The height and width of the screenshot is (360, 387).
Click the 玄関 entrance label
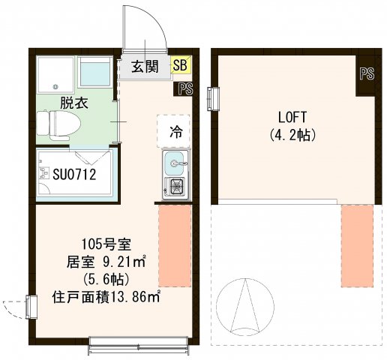pyautogui.click(x=145, y=67)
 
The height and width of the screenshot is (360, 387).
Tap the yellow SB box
pyautogui.click(x=180, y=66)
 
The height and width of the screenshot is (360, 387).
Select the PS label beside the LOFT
pyautogui.click(x=366, y=73)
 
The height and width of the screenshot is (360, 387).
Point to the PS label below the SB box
pyautogui.click(x=185, y=89)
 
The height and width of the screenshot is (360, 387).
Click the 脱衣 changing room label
pyautogui.click(x=74, y=102)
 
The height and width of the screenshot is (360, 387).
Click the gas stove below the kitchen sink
pyautogui.click(x=177, y=187)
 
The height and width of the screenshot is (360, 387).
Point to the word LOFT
pyautogui.click(x=292, y=118)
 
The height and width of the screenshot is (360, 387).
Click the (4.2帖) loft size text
pyautogui.click(x=292, y=136)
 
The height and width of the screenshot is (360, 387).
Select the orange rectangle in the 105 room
pyautogui.click(x=175, y=247)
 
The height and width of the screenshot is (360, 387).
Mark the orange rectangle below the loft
pyautogui.click(x=357, y=245)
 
